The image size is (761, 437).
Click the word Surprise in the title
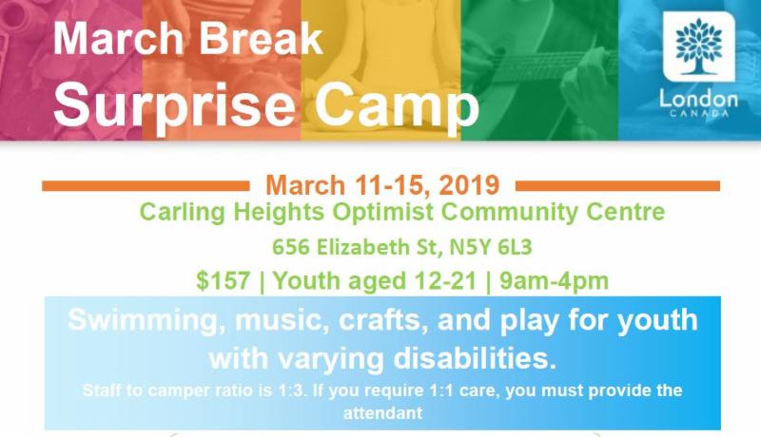tap(174, 104)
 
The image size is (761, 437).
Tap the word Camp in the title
tap(397, 104)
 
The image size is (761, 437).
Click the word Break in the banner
tap(261, 39)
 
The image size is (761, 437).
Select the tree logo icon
tap(699, 47)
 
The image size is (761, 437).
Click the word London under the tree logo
tap(698, 100)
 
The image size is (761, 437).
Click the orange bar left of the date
tap(146, 186)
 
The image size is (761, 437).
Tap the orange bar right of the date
tap(617, 186)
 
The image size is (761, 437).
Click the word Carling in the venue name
tap(183, 212)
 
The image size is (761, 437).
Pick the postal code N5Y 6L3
tap(491, 247)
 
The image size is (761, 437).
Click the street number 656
tap(290, 247)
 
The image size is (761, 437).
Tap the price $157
tap(224, 281)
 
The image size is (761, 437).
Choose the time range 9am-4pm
tap(554, 281)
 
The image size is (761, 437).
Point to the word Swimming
tap(147, 321)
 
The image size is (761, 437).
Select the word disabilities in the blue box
tap(475, 359)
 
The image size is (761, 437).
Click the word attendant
tap(382, 413)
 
